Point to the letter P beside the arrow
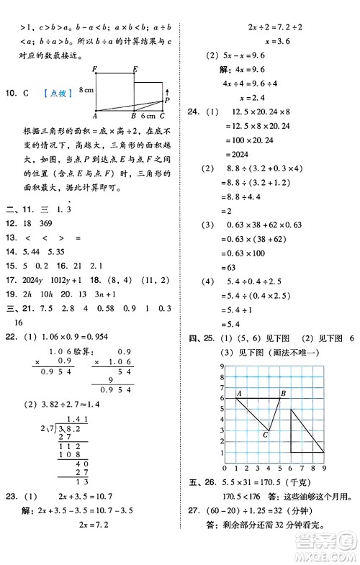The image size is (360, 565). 167,101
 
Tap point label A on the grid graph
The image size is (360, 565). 238,392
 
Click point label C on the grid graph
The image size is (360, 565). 266,434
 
